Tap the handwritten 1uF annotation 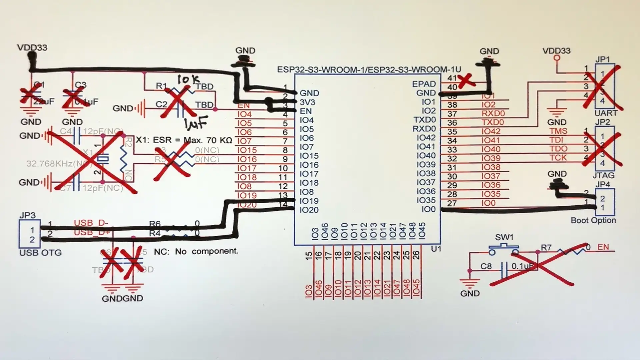[196, 123]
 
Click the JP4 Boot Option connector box [605, 203]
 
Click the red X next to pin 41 [466, 81]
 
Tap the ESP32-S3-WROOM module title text [369, 70]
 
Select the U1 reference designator [436, 249]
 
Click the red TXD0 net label [493, 122]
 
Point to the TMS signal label [558, 131]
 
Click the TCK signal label [558, 158]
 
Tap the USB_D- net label [91, 223]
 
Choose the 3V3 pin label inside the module [307, 102]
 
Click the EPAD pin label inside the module [424, 84]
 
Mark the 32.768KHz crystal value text [57, 164]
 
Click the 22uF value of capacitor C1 [43, 101]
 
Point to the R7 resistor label [546, 248]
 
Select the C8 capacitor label [486, 266]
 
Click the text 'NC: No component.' [196, 251]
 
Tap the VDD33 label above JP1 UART [556, 51]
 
